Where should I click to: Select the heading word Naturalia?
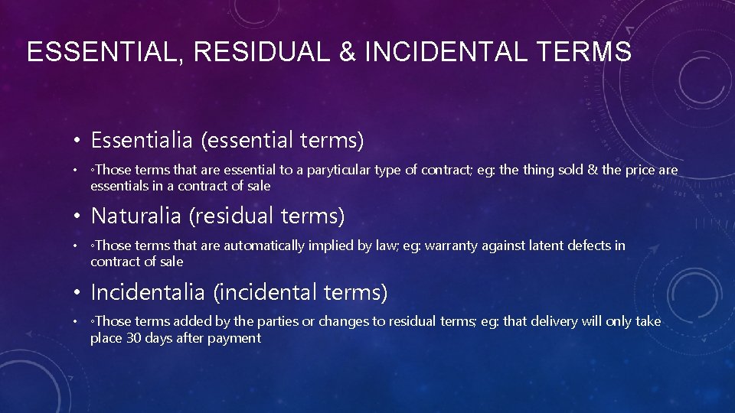[136, 216]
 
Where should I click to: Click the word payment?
[234, 338]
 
